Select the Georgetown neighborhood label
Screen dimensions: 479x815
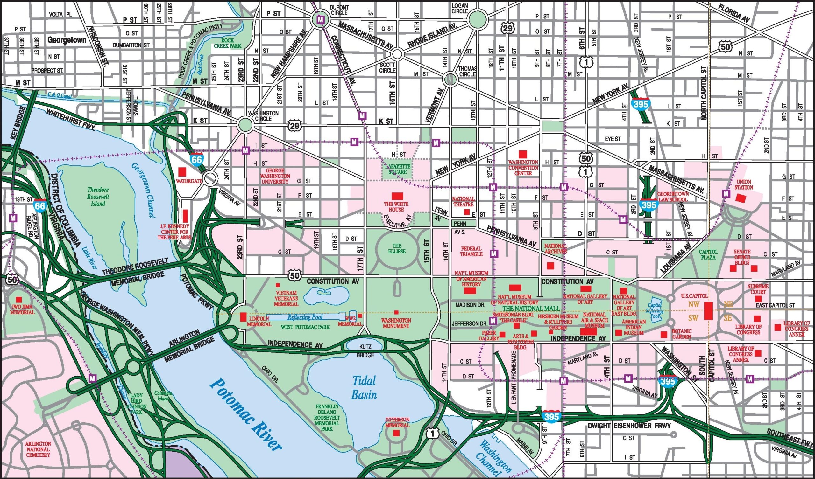[x=67, y=40]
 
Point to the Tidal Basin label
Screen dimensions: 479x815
[x=364, y=388]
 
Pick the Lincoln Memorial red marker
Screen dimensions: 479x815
[x=243, y=317]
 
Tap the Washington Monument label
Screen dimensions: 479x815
[x=396, y=323]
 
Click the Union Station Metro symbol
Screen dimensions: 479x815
[x=726, y=194]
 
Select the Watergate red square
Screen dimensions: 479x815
[x=182, y=171]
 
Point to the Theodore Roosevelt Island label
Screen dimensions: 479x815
[x=98, y=197]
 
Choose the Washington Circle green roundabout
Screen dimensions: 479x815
[x=245, y=124]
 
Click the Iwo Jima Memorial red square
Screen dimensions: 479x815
[x=19, y=300]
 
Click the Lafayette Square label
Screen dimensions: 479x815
[x=398, y=169]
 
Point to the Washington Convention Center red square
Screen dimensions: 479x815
[x=523, y=154]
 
